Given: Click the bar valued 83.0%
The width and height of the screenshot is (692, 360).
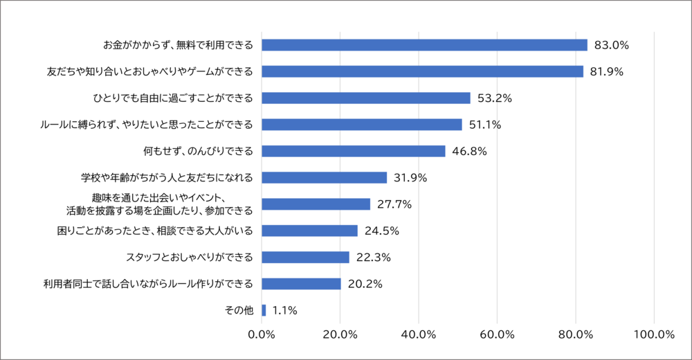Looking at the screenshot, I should coord(424,45).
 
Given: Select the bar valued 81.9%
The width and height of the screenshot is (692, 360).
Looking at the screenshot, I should coord(422,71).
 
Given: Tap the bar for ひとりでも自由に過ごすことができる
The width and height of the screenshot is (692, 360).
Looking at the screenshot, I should coord(366,98).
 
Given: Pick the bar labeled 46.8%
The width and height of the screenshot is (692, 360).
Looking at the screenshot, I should coord(354,151).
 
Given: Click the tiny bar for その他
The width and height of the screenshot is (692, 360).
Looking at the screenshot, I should coord(264,310).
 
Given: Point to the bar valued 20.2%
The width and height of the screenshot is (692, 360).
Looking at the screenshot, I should coord(301,284).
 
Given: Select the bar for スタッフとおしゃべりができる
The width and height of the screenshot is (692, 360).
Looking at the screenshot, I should coord(305,258).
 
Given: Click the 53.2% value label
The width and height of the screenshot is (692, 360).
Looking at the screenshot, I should coord(494,98).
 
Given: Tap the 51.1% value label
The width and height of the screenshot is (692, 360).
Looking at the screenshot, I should coord(486,125).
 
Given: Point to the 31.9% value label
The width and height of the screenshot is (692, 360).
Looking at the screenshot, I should coord(411,178).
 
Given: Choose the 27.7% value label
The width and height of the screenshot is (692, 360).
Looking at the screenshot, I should coord(394,204).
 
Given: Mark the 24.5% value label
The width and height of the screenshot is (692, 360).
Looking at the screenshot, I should coord(382,231).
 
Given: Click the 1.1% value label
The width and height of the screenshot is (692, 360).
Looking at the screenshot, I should coord(284,311).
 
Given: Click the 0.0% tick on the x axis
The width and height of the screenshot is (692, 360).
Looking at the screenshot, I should coord(262,335).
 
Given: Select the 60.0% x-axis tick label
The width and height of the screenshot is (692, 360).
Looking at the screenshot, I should coord(497,335).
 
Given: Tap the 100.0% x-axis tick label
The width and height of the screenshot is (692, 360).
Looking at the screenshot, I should coord(653,335).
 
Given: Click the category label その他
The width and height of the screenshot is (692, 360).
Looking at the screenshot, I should coord(240,311).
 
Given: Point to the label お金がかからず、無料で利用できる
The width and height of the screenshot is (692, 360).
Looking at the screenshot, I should coord(178,45).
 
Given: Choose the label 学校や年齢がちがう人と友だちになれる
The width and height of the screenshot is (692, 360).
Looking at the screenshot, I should coord(167,178).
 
